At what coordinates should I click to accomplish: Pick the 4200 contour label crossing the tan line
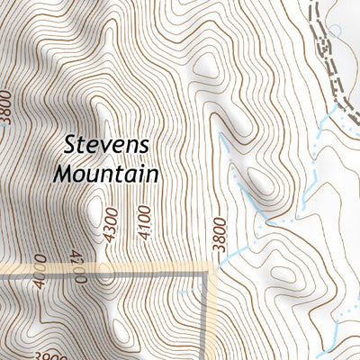coord(81,269)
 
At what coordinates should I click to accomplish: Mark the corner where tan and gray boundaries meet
coord(214,267)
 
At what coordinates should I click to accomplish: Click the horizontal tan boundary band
coord(135,268)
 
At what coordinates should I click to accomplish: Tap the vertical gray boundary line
coord(214,315)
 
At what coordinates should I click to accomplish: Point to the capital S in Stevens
coord(72,145)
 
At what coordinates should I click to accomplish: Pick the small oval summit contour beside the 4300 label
coord(94,213)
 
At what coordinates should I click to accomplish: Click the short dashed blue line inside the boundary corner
coord(189,292)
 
